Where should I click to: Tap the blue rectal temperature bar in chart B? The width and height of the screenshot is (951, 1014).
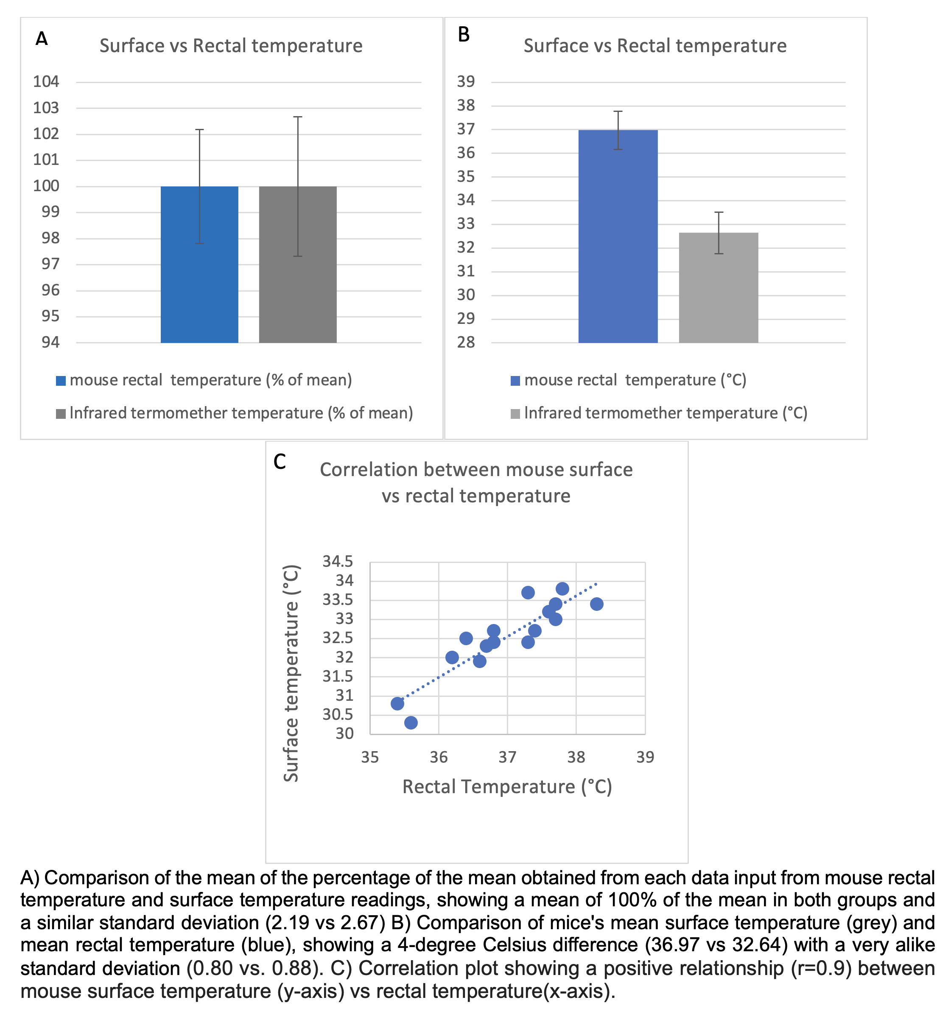coord(618,245)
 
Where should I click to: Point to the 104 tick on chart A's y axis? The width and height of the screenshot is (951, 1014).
coord(46,82)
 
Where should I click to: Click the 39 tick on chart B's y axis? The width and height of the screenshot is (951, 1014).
coord(466,82)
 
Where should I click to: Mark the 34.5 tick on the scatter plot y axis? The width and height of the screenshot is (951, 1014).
coord(337,562)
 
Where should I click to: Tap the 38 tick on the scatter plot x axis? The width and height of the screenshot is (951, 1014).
coord(576,758)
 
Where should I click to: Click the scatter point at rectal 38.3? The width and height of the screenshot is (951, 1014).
coord(596,604)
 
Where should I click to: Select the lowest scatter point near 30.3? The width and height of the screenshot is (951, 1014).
coord(411,722)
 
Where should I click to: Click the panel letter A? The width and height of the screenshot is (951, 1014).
coord(41,39)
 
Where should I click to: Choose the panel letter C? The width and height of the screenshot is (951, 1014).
coord(279,462)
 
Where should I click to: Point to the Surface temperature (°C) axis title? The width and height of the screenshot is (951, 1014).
coord(291,673)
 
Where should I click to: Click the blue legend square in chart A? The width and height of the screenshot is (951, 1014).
coord(61,381)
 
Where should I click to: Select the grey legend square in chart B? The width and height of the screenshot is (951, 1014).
coord(515,414)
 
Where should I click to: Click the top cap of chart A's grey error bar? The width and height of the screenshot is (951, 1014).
coord(298,117)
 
